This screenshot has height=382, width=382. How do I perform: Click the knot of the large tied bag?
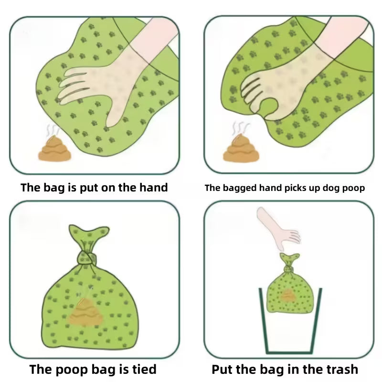click(x=86, y=258)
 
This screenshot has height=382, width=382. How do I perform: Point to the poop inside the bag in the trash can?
click(x=288, y=297)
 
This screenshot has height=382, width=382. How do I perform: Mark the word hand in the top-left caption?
click(x=152, y=187)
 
